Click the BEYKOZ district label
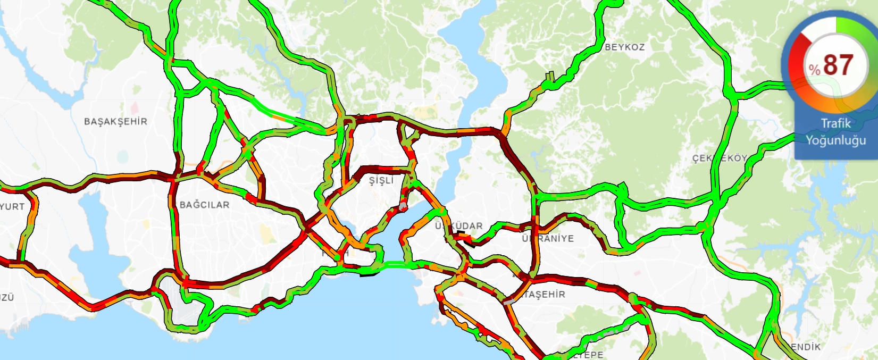(x=625, y=47)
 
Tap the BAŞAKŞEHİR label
(x=115, y=122)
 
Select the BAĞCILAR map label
(x=205, y=205)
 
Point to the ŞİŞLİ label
(x=381, y=181)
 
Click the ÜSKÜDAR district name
(x=459, y=226)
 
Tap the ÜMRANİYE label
(x=548, y=238)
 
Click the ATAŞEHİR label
(x=543, y=294)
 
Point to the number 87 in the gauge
(x=838, y=65)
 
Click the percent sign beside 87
(x=814, y=69)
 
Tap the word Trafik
(x=835, y=123)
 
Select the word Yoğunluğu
(x=835, y=140)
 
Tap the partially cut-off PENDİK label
(x=805, y=347)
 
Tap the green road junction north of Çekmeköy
(x=733, y=96)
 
